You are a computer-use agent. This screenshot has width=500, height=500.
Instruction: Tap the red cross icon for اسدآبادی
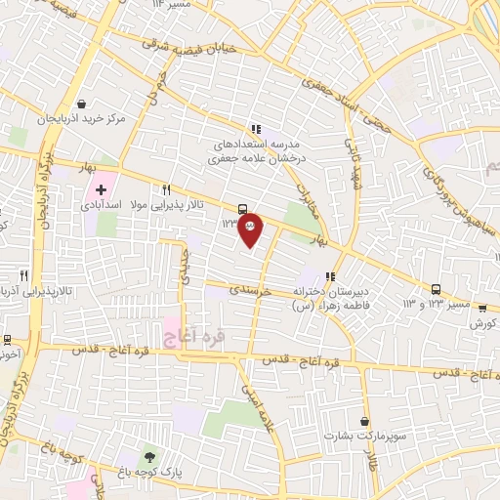pyautogui.click(x=101, y=188)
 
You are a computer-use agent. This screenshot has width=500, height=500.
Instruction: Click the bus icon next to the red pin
pyautogui.click(x=242, y=208)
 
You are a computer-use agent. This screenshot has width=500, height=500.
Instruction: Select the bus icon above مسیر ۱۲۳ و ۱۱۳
pyautogui.click(x=437, y=289)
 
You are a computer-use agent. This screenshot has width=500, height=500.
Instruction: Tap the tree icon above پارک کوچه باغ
pyautogui.click(x=148, y=456)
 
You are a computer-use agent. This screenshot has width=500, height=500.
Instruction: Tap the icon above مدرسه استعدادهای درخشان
pyautogui.click(x=255, y=129)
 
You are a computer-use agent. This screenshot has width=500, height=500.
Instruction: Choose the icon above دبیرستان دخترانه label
pyautogui.click(x=331, y=276)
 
